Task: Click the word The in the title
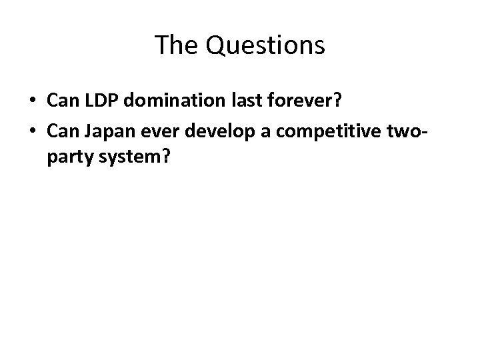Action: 172,45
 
